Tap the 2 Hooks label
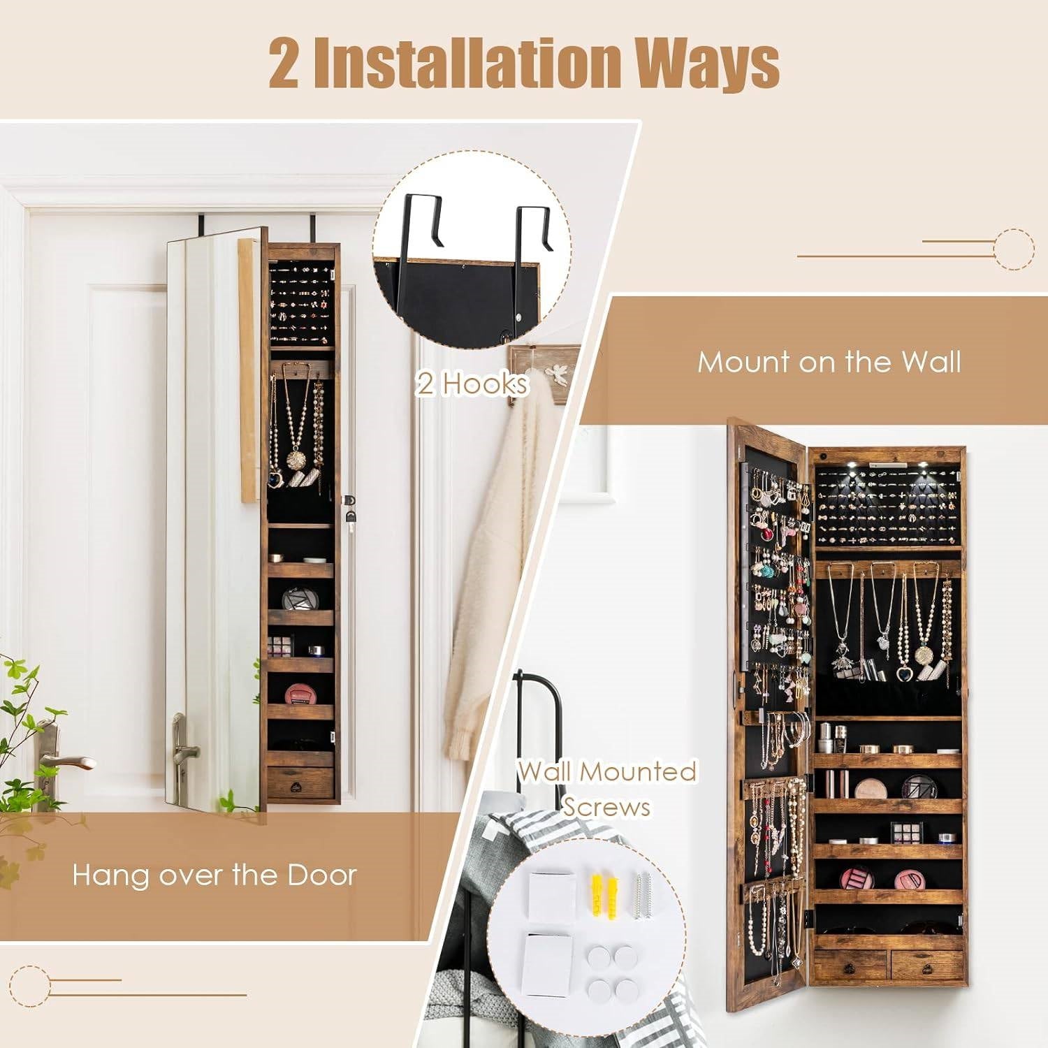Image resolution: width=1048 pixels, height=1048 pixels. point(472,384)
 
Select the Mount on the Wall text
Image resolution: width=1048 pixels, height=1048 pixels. point(829,362)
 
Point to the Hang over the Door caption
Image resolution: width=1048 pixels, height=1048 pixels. point(214,874)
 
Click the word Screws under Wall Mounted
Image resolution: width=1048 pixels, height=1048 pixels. point(606,807)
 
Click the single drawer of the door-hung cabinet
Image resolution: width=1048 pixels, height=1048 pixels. point(300,784)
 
